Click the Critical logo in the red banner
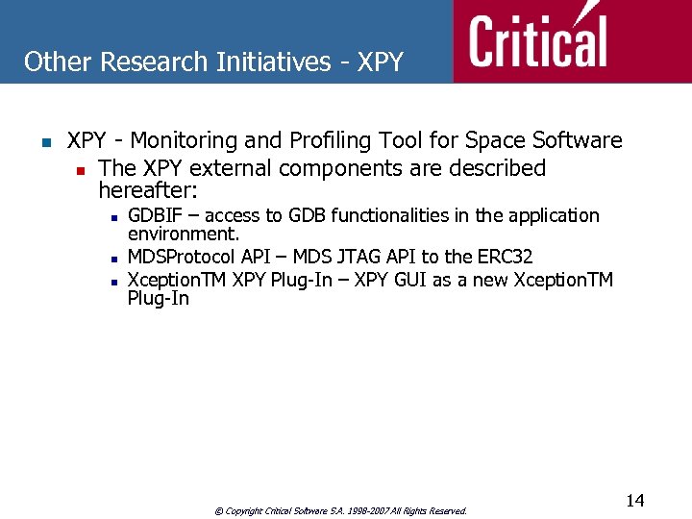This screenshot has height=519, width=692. click(538, 40)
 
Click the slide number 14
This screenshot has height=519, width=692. click(634, 500)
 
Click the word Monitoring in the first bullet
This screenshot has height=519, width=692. click(185, 141)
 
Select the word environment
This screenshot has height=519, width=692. click(183, 235)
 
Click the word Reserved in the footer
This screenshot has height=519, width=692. click(447, 511)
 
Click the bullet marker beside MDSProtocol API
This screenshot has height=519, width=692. click(114, 259)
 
